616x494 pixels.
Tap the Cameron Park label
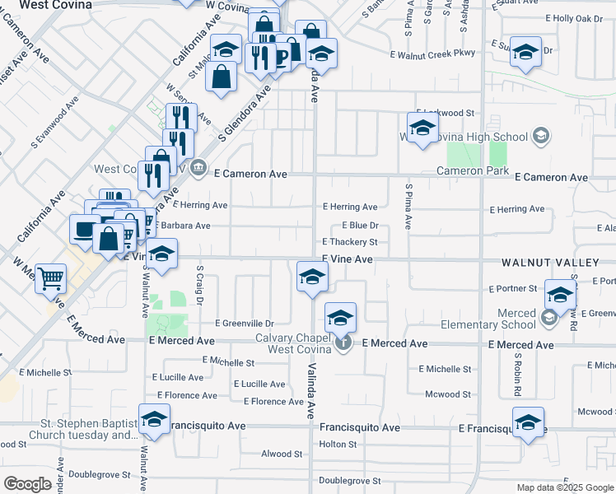tap(472, 170)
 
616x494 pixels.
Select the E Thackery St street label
tap(349, 242)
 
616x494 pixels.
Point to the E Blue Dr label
tap(359, 225)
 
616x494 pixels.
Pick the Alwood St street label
tap(282, 454)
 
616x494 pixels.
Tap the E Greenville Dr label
tap(244, 324)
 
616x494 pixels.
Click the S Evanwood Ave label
tap(54, 123)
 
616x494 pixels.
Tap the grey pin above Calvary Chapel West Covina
tap(345, 341)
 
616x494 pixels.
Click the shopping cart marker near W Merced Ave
tap(51, 279)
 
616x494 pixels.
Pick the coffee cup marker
tap(281, 55)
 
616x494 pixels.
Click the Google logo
tap(27, 484)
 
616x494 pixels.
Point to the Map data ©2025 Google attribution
tap(564, 487)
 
